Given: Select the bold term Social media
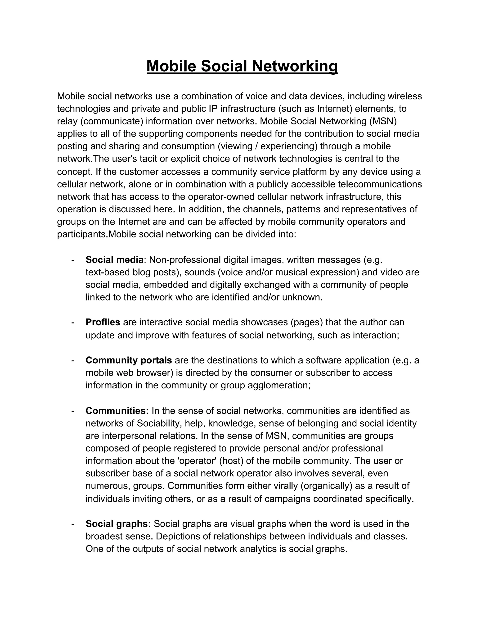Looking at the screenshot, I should click(x=114, y=260).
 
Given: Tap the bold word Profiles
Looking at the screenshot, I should click(x=103, y=322).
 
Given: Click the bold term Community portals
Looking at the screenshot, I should click(x=128, y=360).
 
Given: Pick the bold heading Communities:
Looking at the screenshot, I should click(x=117, y=411).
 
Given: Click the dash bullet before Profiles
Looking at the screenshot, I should click(x=73, y=322).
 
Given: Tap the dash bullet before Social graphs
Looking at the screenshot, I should click(x=73, y=524).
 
